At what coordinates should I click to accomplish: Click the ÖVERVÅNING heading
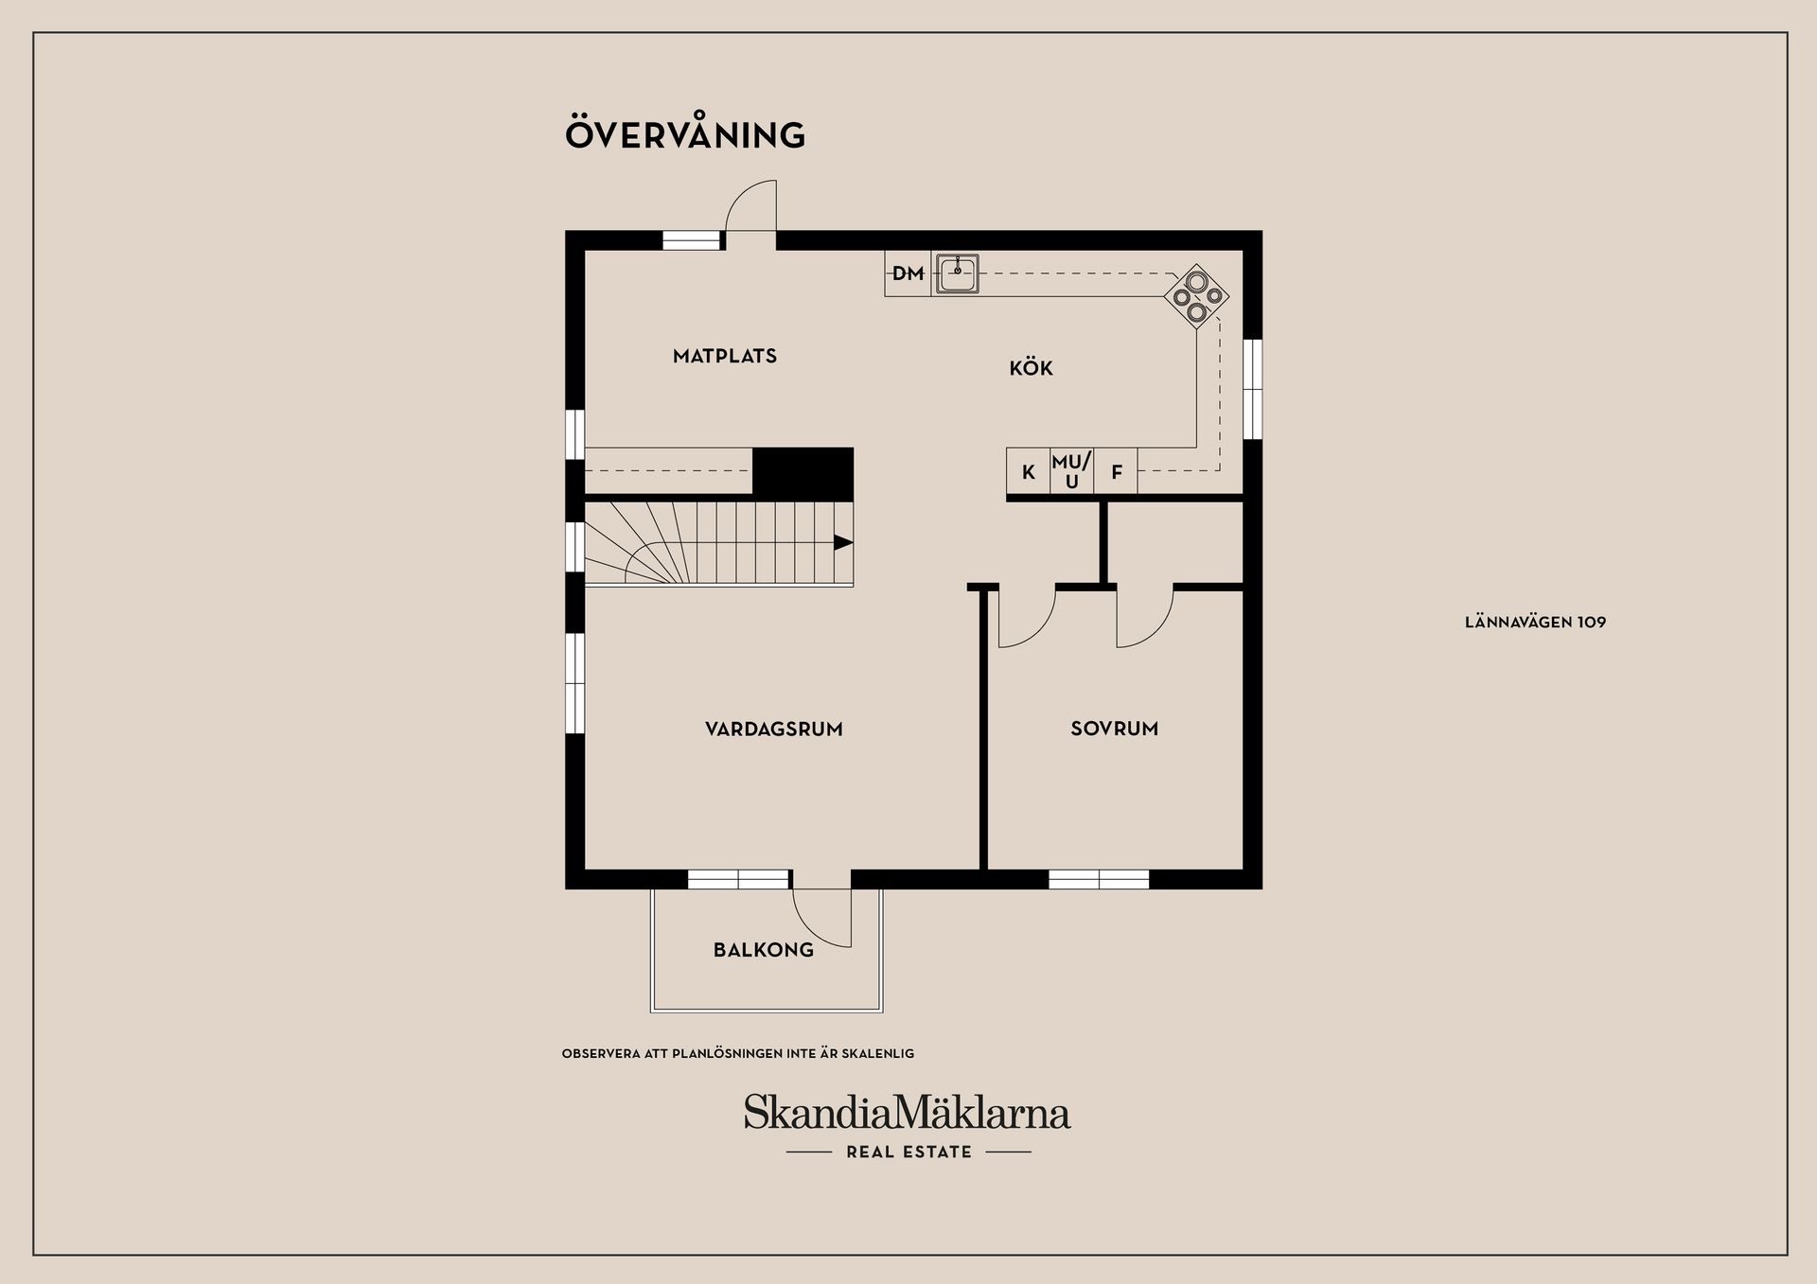pyautogui.click(x=685, y=134)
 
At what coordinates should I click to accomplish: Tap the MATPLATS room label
pyautogui.click(x=725, y=357)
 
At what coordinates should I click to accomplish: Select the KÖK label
pyautogui.click(x=1031, y=368)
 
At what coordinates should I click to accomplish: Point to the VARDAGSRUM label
pyautogui.click(x=773, y=730)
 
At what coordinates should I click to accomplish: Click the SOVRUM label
pyautogui.click(x=1114, y=729)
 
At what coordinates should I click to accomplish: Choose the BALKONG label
pyautogui.click(x=763, y=950)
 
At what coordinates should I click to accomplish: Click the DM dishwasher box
pyautogui.click(x=908, y=273)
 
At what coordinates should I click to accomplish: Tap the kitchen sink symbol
pyautogui.click(x=958, y=273)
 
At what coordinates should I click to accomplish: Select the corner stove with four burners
pyautogui.click(x=1197, y=296)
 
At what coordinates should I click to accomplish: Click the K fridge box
pyautogui.click(x=1029, y=471)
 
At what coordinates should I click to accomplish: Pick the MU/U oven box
pyautogui.click(x=1071, y=471)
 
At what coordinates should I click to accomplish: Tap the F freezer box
pyautogui.click(x=1117, y=471)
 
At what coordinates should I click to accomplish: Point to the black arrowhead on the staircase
pyautogui.click(x=842, y=542)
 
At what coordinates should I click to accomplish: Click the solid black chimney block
pyautogui.click(x=803, y=473)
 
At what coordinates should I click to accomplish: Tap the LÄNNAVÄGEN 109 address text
pyautogui.click(x=1535, y=623)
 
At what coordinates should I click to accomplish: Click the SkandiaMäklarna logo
pyautogui.click(x=907, y=1113)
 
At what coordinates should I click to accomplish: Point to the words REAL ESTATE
pyautogui.click(x=908, y=1152)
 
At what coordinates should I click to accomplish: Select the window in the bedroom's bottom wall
pyautogui.click(x=1099, y=880)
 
